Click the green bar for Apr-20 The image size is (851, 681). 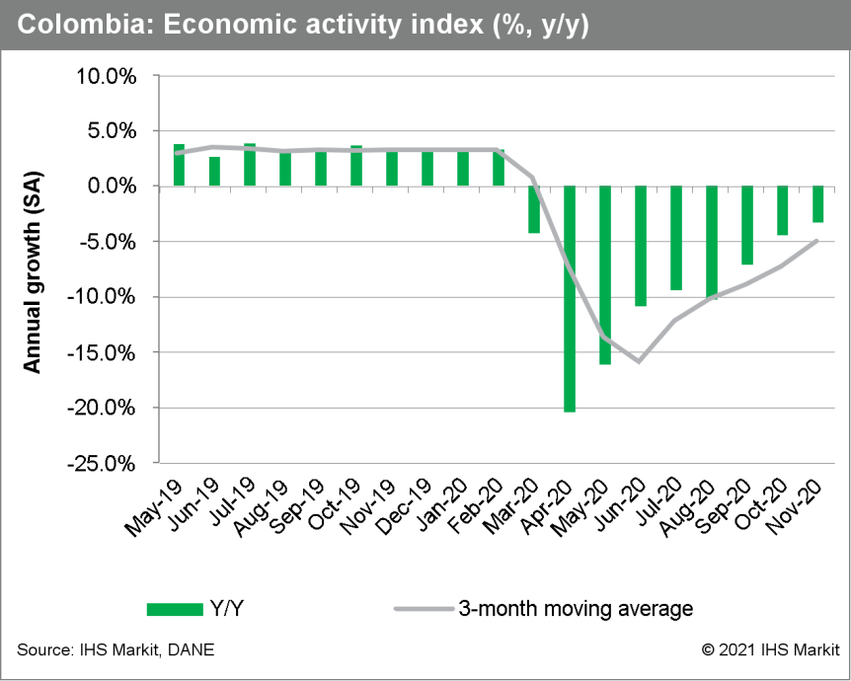click(570, 298)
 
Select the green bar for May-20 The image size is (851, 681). click(605, 274)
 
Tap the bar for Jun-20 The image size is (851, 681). click(641, 246)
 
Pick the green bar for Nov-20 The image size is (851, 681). click(817, 204)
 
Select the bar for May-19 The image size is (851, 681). click(179, 165)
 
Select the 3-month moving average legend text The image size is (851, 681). click(576, 609)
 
